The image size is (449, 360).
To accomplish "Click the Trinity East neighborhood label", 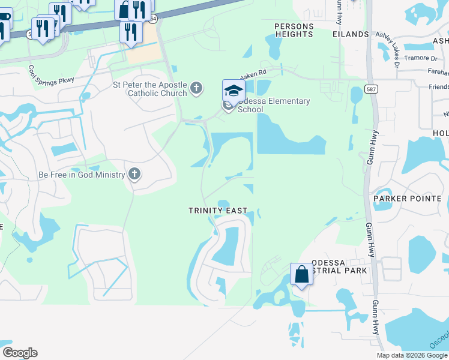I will click(x=217, y=211).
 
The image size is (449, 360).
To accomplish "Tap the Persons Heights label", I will click(x=294, y=31).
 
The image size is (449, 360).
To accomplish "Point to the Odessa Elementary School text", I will click(x=274, y=105).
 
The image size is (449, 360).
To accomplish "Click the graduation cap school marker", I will click(x=234, y=91).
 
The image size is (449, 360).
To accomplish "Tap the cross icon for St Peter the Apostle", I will click(x=196, y=89).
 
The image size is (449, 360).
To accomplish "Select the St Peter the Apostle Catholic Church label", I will click(x=149, y=89).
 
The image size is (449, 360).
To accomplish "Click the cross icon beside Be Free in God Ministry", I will click(x=134, y=175).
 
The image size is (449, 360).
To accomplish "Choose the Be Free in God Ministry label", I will click(x=82, y=175).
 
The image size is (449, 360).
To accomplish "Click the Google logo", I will click(x=20, y=353).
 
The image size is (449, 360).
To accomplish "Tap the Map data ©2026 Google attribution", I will click(x=411, y=355).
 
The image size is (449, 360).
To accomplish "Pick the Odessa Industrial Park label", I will click(x=339, y=267).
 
